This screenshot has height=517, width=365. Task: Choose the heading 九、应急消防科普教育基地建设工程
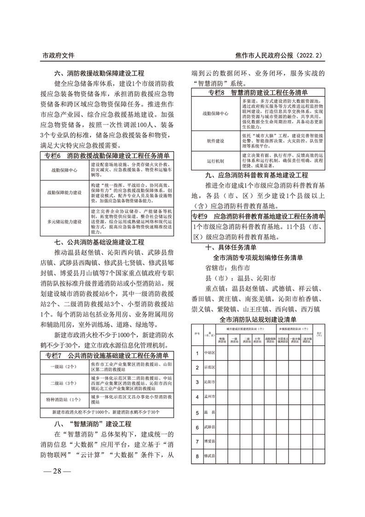[x=257, y=176]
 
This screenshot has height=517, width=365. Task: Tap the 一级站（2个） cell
[x=65, y=367]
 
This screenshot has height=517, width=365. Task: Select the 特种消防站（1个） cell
[x=65, y=399]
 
